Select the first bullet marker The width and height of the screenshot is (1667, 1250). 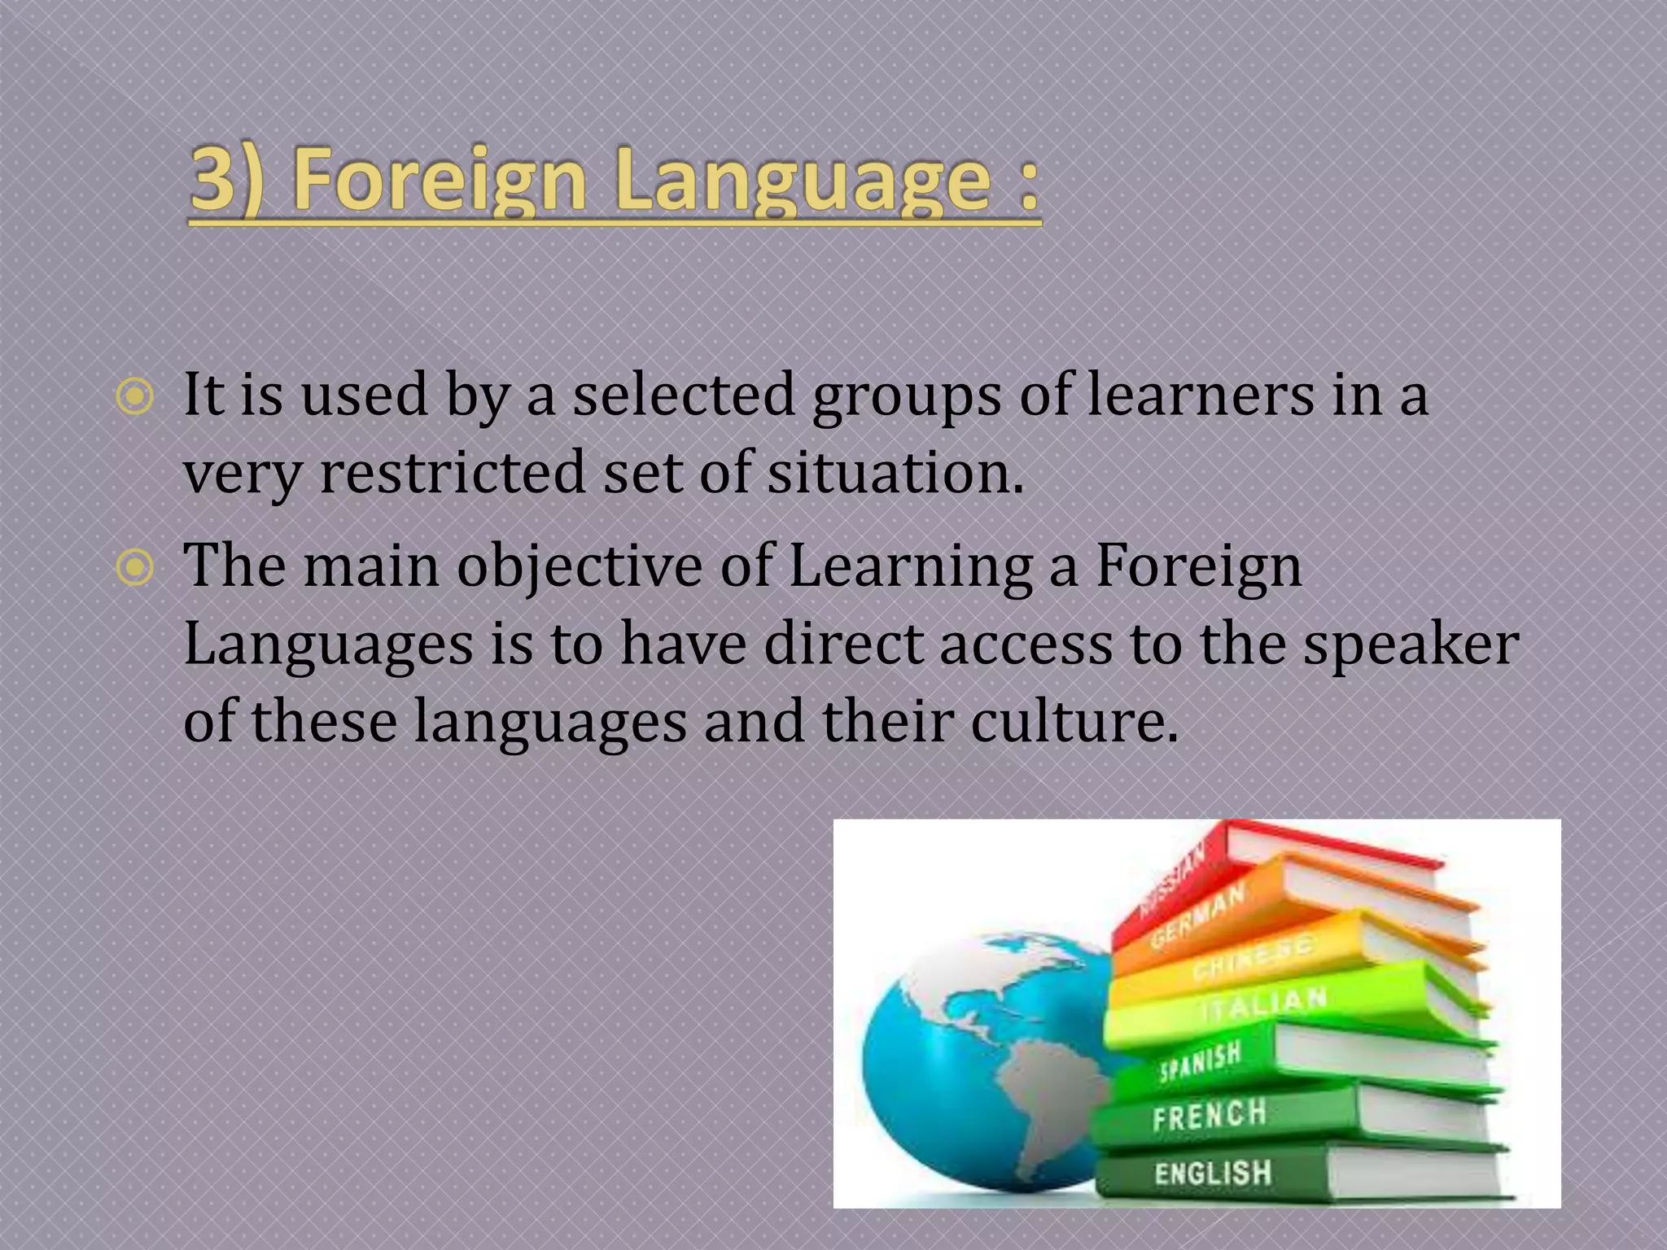(x=134, y=398)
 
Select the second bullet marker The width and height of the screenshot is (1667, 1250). (x=134, y=568)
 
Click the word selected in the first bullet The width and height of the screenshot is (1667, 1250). (x=683, y=396)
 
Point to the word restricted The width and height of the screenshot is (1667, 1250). (x=453, y=473)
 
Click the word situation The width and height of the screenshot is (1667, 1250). (x=895, y=473)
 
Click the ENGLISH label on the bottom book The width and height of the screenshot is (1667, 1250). (x=1212, y=1173)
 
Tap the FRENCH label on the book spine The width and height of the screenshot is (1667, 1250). (x=1209, y=1115)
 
